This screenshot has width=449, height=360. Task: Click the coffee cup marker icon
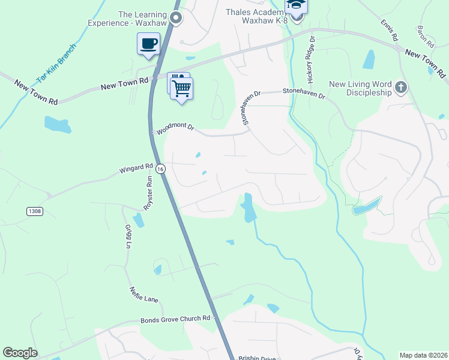coord(148,44)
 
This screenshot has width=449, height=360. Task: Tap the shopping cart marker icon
coord(181,88)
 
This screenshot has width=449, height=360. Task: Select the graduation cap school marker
coord(295,5)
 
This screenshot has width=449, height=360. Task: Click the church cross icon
coord(400,89)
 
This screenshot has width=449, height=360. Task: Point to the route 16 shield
coord(160,170)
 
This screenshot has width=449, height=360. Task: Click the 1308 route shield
coord(35,211)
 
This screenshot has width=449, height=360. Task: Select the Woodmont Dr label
coord(176,128)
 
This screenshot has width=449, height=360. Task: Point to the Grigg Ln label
coord(127,236)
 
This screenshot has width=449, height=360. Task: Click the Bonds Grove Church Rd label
coord(175,319)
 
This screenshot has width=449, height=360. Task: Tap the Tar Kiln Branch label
coord(56,63)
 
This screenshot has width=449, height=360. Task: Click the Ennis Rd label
coord(390,30)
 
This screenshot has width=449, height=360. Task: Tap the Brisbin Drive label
coord(256,358)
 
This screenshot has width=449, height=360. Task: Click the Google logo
coord(20,353)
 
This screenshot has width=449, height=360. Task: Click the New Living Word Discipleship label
coord(360,89)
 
